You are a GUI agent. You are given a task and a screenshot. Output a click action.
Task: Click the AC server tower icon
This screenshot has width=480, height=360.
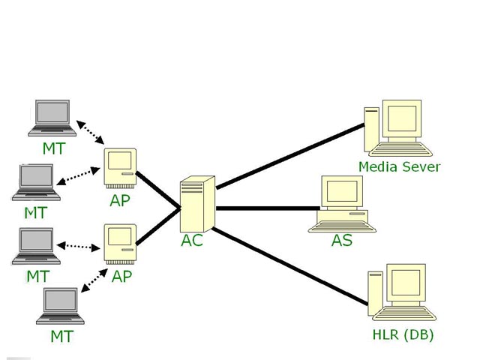(197, 203)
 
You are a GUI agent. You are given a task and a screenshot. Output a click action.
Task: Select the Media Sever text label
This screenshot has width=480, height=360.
(399, 166)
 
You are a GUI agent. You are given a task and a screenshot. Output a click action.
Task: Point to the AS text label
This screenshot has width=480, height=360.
(342, 241)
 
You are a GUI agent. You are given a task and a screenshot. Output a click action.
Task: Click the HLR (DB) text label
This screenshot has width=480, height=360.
(403, 334)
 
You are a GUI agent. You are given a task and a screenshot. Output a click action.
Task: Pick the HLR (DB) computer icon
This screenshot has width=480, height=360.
(397, 293)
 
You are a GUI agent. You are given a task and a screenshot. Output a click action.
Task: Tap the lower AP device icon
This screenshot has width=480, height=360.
(121, 242)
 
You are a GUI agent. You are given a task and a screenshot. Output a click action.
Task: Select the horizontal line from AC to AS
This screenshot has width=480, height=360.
(266, 208)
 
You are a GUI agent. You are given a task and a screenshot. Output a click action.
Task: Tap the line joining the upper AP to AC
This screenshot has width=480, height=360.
(159, 190)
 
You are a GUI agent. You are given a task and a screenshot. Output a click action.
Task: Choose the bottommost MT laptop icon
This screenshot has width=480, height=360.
(61, 307)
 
